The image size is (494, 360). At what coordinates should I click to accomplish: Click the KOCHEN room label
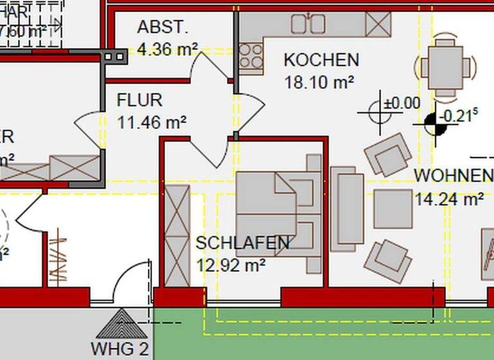321,60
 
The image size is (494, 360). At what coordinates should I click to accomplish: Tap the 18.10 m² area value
320,82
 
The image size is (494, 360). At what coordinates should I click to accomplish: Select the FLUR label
140,100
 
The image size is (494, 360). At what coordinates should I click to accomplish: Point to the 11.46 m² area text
152,121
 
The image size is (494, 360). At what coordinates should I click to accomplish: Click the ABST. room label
163,27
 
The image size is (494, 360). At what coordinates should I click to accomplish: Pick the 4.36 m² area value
168,48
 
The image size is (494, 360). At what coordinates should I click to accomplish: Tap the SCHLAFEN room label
242,243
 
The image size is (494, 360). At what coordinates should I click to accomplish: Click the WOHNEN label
453,175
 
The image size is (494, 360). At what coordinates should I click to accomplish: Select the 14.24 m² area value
450,199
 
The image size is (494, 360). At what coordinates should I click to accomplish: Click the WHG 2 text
120,350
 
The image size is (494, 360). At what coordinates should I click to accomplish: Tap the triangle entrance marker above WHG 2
120,324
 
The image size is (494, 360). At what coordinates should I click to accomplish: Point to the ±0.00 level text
402,103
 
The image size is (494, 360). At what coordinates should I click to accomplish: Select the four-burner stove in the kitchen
252,55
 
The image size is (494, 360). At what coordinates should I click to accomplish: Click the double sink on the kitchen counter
307,24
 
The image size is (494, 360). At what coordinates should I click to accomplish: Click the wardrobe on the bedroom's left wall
178,235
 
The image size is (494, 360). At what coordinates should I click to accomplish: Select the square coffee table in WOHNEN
393,209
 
